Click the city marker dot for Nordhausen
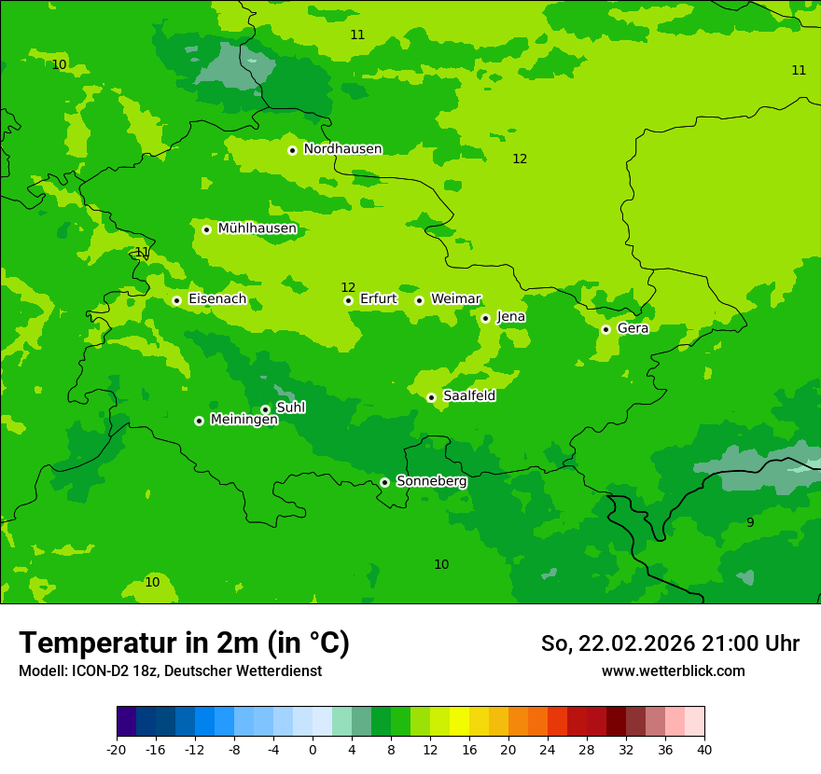292,150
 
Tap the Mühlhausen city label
257,228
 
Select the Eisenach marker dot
176,300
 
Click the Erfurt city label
378,299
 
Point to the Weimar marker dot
419,300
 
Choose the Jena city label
511,317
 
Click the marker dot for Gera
605,329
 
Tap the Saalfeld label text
469,396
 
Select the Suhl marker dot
265,409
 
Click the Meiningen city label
244,421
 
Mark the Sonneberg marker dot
384,482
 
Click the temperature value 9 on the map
750,523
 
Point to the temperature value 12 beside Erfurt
348,287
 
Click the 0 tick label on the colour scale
313,750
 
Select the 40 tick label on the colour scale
703,750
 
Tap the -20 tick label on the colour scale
117,750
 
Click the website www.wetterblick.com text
673,671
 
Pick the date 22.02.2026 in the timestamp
636,643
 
